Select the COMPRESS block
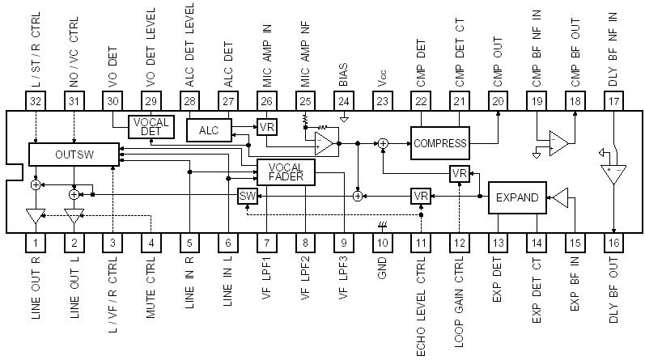(439, 143)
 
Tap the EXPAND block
(517, 197)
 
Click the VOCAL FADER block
(286, 171)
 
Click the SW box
(248, 197)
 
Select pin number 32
(34, 100)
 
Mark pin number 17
(613, 100)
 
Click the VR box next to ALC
(266, 126)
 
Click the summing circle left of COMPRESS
(383, 143)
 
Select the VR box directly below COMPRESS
(459, 174)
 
